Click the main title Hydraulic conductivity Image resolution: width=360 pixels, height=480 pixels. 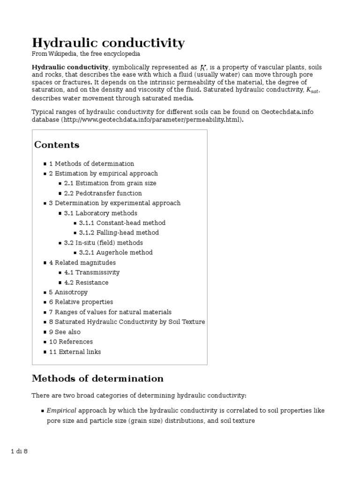(108, 43)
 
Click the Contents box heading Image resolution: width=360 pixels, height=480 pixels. (57, 145)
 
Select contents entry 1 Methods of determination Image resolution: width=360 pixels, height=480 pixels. (91, 164)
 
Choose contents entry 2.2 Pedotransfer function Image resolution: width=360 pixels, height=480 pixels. (103, 193)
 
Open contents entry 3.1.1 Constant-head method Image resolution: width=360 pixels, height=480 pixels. (122, 223)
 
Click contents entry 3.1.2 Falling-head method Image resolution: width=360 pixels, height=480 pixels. (119, 232)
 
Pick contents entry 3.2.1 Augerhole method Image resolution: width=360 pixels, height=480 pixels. (116, 253)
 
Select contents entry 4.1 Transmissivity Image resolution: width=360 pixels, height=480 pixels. (92, 272)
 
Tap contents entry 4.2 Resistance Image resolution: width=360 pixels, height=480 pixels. (86, 283)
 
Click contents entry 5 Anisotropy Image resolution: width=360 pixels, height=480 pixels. (68, 292)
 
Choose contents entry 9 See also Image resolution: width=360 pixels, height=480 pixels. (65, 332)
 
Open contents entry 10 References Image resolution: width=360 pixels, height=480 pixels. (71, 342)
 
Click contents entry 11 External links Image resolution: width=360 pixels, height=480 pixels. (75, 352)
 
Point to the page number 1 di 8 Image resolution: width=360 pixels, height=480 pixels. (20, 451)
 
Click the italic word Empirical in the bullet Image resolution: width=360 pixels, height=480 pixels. (61, 411)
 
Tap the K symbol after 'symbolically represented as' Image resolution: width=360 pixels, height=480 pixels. (203, 68)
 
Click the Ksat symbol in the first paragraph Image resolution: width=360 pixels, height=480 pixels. (313, 90)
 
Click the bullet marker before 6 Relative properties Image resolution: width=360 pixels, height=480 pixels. (45, 302)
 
